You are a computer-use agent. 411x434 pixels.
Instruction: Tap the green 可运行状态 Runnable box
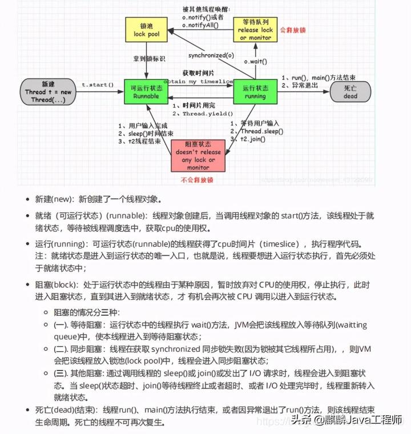pyautogui.click(x=145, y=92)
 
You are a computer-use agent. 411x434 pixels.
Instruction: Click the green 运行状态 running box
pyautogui.click(x=255, y=92)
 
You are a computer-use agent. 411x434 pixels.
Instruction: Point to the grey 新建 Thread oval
pyautogui.click(x=48, y=92)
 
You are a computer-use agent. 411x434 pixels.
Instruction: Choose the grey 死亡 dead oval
pyautogui.click(x=350, y=92)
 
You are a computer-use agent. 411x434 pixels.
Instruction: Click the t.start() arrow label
pyautogui.click(x=98, y=85)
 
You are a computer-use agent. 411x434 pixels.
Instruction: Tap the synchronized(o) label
pyautogui.click(x=211, y=55)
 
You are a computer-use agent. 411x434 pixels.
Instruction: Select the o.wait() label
pyautogui.click(x=256, y=61)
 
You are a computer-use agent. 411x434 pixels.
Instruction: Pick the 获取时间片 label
pyautogui.click(x=199, y=74)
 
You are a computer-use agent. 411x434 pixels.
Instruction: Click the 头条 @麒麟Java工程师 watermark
pyautogui.click(x=348, y=421)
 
